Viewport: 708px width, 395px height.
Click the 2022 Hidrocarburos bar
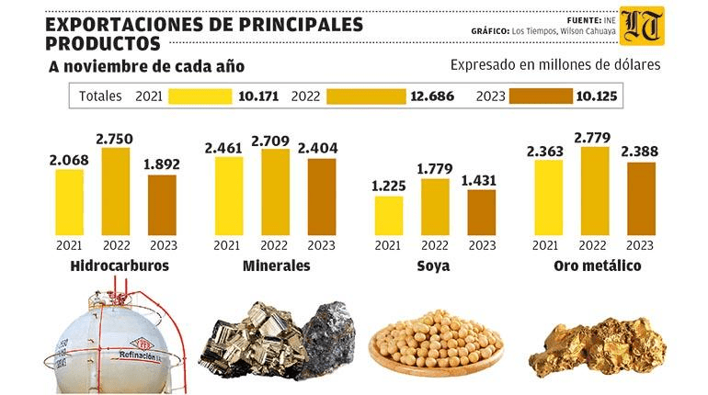pyautogui.click(x=115, y=190)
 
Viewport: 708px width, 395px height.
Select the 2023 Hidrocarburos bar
pyautogui.click(x=162, y=204)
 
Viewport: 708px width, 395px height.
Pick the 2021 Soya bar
pyautogui.click(x=388, y=215)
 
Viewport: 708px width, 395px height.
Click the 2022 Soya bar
pyautogui.click(x=435, y=207)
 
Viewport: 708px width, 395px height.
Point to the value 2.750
pyautogui.click(x=115, y=139)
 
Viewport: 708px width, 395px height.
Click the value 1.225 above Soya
pyautogui.click(x=388, y=186)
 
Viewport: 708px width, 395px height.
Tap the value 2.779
pyautogui.click(x=594, y=138)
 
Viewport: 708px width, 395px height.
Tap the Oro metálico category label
pyautogui.click(x=597, y=266)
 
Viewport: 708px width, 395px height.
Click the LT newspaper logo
pyautogui.click(x=641, y=27)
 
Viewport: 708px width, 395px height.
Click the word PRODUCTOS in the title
pyautogui.click(x=102, y=44)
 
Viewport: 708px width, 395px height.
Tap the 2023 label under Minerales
pyautogui.click(x=322, y=245)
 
